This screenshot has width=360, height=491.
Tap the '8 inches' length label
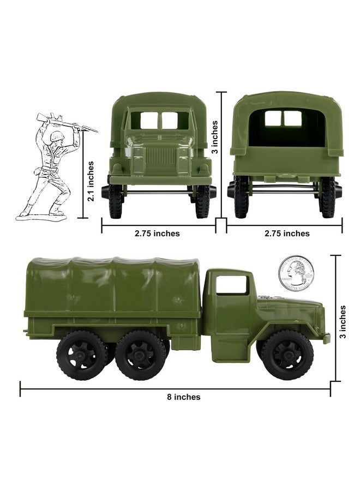click(184, 397)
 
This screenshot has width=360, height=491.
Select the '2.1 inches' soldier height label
click(91, 181)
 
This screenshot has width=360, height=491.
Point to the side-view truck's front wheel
click(287, 355)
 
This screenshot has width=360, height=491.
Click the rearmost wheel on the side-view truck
click(82, 355)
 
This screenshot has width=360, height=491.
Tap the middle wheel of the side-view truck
click(141, 355)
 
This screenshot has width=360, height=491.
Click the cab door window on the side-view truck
click(231, 284)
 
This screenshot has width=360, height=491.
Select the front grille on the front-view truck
click(161, 156)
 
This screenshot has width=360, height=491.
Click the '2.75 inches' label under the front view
click(158, 233)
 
